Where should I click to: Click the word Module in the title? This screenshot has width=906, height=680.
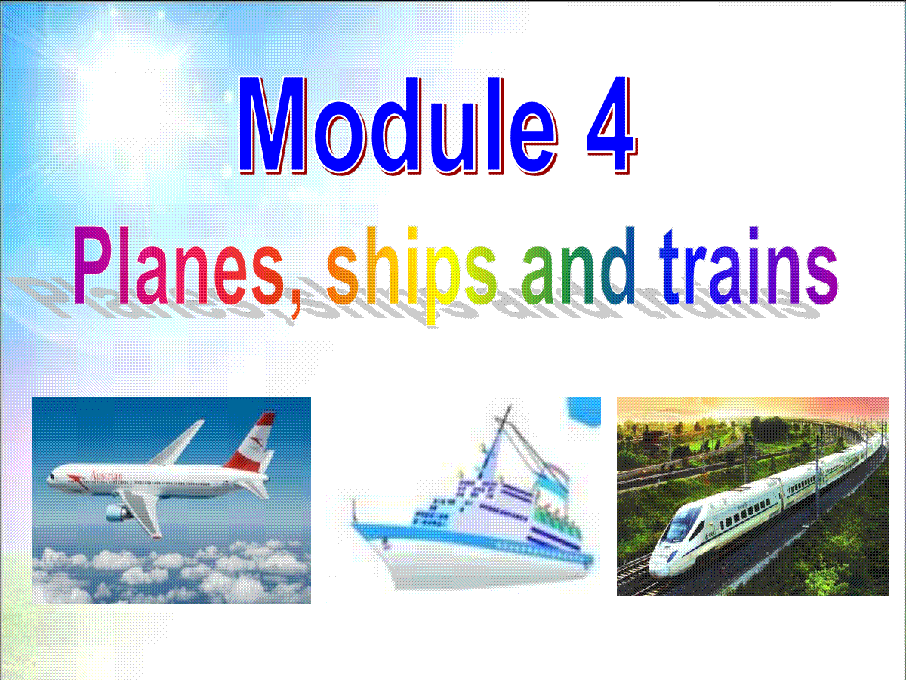click(399, 125)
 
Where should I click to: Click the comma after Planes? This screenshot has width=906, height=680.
click(294, 304)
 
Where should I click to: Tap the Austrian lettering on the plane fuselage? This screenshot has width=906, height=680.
click(106, 476)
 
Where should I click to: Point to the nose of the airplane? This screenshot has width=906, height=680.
click(50, 479)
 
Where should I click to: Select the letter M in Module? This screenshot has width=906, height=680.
click(273, 125)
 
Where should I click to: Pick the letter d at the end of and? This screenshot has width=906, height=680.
click(618, 265)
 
